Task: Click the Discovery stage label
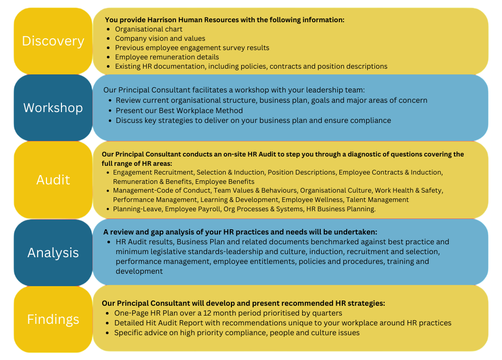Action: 53,41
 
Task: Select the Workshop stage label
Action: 53,108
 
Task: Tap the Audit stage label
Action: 53,180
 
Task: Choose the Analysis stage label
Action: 53,253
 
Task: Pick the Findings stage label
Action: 53,319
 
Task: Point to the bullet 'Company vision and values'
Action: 160,38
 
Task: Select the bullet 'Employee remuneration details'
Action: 167,57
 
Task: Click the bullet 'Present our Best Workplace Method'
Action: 179,111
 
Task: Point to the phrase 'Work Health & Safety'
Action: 409,191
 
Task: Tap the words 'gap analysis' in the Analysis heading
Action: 156,232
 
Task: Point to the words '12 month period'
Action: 233,313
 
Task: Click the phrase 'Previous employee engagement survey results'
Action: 192,48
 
